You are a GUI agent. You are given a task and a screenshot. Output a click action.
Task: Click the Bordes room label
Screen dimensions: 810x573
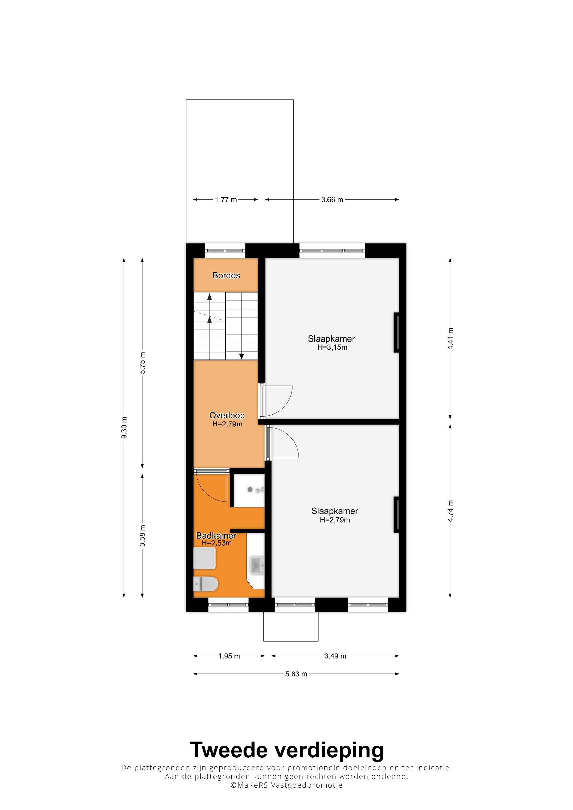pyautogui.click(x=226, y=276)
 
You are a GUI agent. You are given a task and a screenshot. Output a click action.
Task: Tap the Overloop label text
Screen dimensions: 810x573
pyautogui.click(x=227, y=415)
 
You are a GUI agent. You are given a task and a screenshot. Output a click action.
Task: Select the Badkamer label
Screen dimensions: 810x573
pyautogui.click(x=216, y=535)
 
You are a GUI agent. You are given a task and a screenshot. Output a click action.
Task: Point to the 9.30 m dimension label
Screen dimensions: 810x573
pyautogui.click(x=124, y=427)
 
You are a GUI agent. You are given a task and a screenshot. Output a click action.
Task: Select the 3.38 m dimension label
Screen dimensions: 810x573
pyautogui.click(x=142, y=535)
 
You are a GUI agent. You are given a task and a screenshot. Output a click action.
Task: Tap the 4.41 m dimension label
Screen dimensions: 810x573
pyautogui.click(x=450, y=339)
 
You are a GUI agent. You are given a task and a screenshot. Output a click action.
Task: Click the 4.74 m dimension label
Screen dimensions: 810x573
pyautogui.click(x=450, y=511)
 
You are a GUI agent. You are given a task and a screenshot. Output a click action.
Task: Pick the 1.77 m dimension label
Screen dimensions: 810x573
pyautogui.click(x=226, y=200)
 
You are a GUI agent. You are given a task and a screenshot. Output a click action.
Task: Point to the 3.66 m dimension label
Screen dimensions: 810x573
pyautogui.click(x=332, y=200)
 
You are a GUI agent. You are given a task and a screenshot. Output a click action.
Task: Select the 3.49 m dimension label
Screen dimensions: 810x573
pyautogui.click(x=335, y=656)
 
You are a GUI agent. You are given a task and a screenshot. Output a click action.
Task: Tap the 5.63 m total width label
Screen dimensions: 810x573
pyautogui.click(x=296, y=674)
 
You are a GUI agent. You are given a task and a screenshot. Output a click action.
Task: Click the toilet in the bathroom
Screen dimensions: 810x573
pyautogui.click(x=206, y=584)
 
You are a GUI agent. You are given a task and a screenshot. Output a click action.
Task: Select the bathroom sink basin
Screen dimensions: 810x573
pyautogui.click(x=257, y=565)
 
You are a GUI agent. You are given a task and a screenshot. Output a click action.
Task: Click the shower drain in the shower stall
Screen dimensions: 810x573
pyautogui.click(x=250, y=490)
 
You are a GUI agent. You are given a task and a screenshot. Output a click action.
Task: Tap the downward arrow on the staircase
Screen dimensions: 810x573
pyautogui.click(x=241, y=356)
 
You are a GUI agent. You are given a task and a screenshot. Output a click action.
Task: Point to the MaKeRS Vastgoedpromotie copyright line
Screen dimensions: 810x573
pyautogui.click(x=286, y=785)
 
